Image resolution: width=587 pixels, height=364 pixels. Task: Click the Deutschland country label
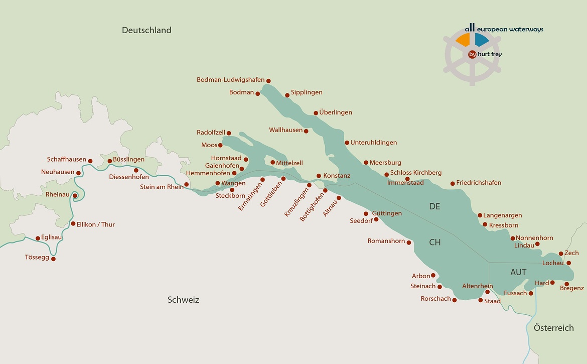pyautogui.click(x=146, y=30)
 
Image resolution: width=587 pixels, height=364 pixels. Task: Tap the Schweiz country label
pyautogui.click(x=183, y=300)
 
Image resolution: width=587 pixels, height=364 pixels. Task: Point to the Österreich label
pyautogui.click(x=553, y=328)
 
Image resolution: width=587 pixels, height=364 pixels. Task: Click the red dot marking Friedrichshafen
pyautogui.click(x=453, y=184)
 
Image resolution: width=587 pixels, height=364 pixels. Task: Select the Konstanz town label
pyautogui.click(x=337, y=176)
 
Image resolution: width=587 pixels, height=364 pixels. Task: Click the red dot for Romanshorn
pyautogui.click(x=409, y=242)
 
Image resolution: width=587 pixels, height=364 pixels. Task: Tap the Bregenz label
pyautogui.click(x=572, y=288)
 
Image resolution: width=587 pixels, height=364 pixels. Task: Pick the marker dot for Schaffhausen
pyautogui.click(x=90, y=161)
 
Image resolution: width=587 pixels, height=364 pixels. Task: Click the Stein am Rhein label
pyautogui.click(x=162, y=187)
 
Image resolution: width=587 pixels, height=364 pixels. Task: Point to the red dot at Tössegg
pyautogui.click(x=53, y=259)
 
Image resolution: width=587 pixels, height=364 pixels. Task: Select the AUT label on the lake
pyautogui.click(x=518, y=272)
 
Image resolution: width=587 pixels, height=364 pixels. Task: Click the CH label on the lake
pyautogui.click(x=434, y=242)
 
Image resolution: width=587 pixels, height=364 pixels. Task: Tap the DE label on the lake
pyautogui.click(x=434, y=206)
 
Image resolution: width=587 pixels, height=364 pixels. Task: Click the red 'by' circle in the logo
pyautogui.click(x=472, y=54)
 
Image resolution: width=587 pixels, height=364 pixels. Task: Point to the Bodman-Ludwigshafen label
pyautogui.click(x=230, y=80)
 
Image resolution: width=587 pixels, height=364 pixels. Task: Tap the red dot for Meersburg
pyautogui.click(x=366, y=163)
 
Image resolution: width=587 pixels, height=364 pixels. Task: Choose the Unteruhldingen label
pyautogui.click(x=373, y=143)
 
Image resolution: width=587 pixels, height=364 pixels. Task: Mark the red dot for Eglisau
pyautogui.click(x=38, y=238)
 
